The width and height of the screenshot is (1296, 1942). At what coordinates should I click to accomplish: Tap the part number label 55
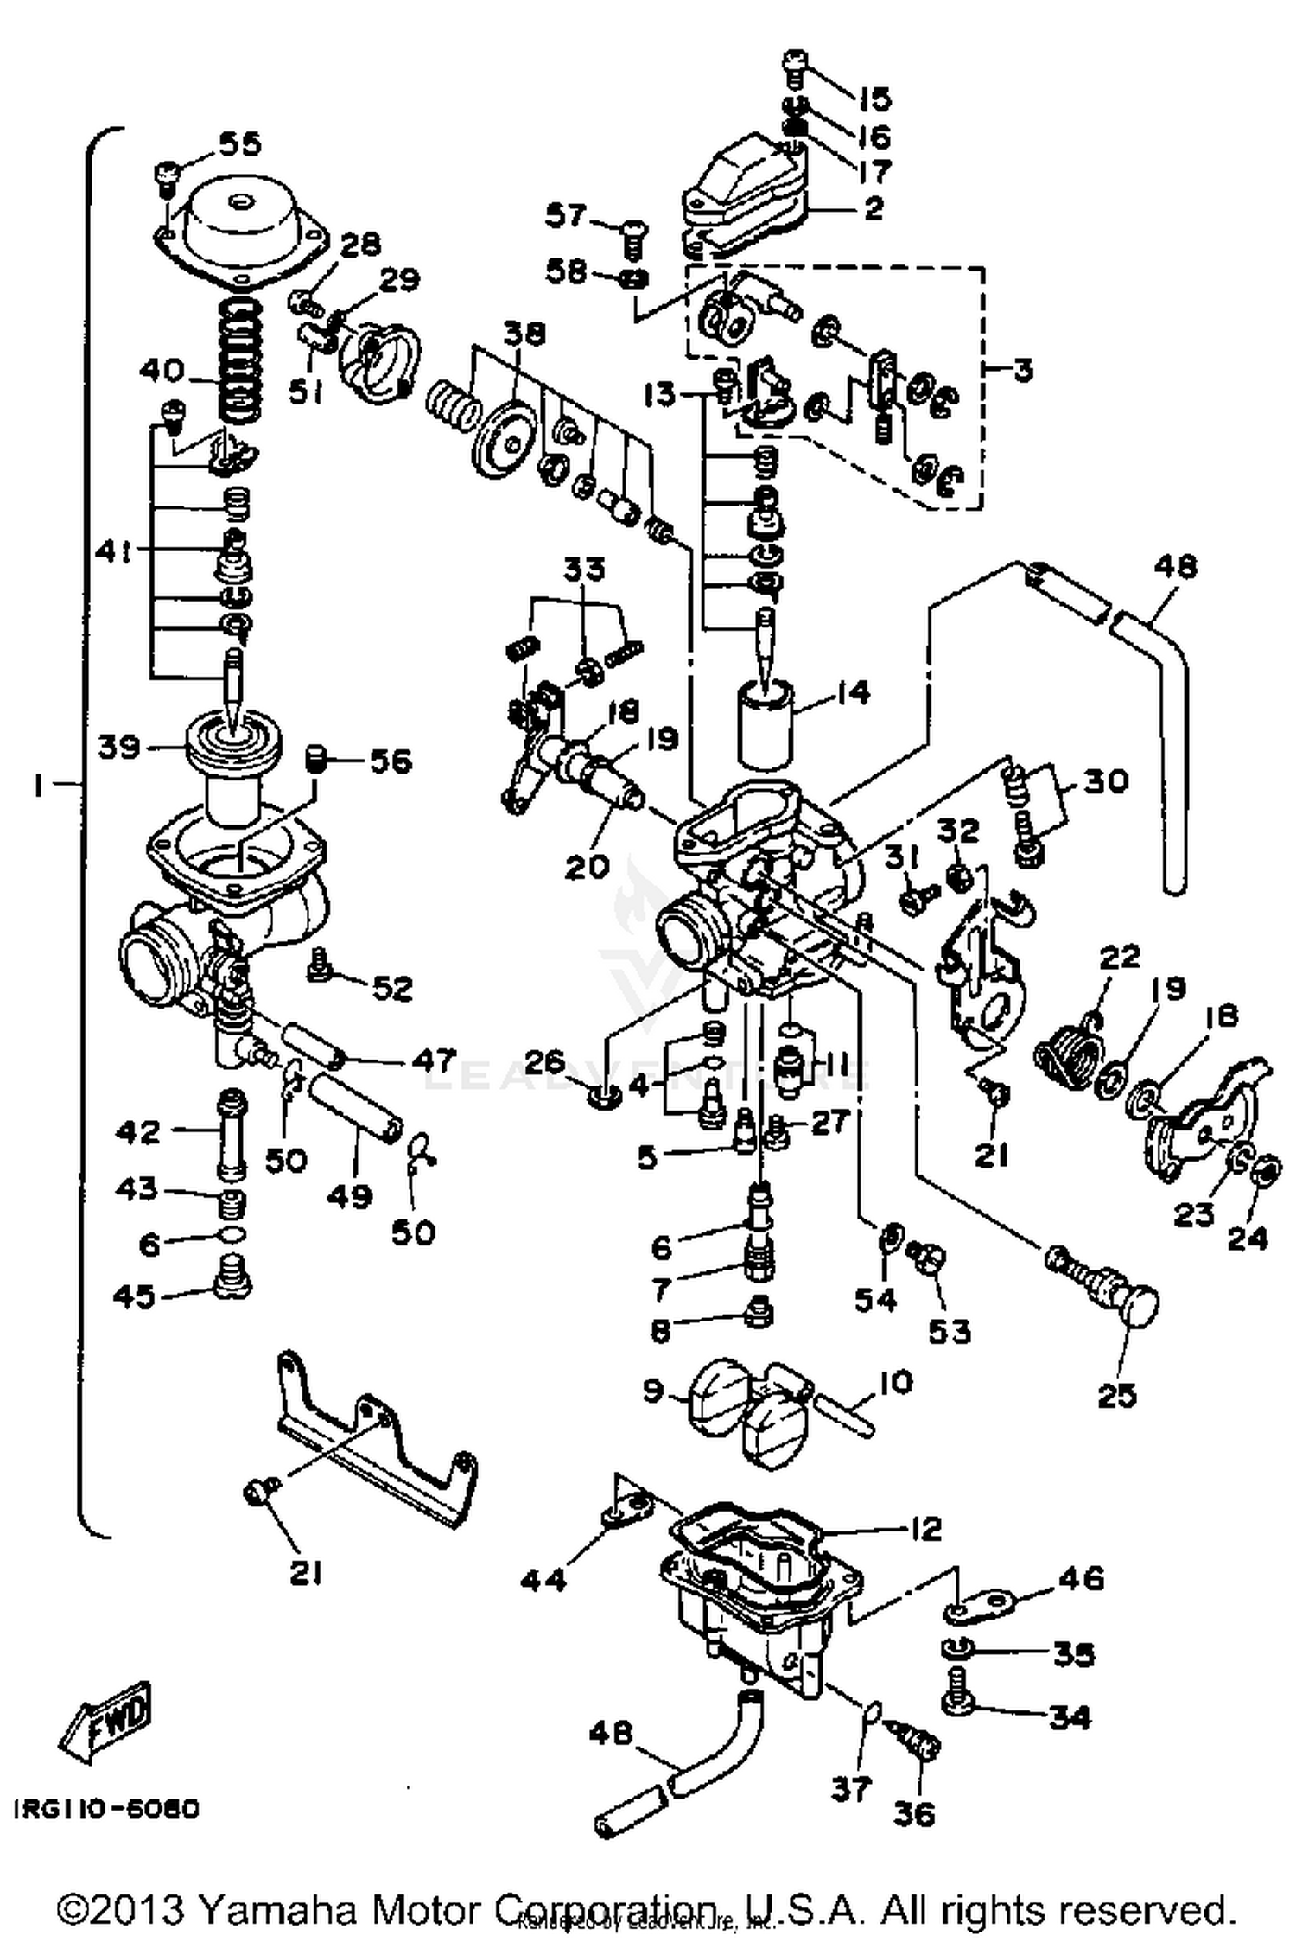pyautogui.click(x=238, y=143)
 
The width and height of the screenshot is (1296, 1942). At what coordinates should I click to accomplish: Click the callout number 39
pyautogui.click(x=118, y=746)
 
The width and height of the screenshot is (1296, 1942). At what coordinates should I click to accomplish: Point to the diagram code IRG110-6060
pyautogui.click(x=106, y=1809)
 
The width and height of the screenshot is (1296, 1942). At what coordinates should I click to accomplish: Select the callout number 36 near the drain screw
pyautogui.click(x=913, y=1814)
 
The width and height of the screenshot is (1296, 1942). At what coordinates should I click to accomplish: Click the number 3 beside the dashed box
pyautogui.click(x=1022, y=371)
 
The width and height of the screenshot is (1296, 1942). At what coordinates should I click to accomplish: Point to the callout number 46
pyautogui.click(x=1081, y=1578)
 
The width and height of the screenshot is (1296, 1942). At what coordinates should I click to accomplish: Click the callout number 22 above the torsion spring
pyautogui.click(x=1120, y=957)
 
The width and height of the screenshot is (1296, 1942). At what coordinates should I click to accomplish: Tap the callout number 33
pyautogui.click(x=585, y=569)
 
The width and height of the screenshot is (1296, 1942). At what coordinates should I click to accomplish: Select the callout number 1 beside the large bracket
pyautogui.click(x=38, y=785)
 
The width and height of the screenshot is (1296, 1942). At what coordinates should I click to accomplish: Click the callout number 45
pyautogui.click(x=135, y=1296)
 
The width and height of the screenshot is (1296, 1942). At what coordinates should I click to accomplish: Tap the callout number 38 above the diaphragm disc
pyautogui.click(x=524, y=334)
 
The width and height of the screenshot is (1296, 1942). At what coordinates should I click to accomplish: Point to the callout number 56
pyautogui.click(x=391, y=761)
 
